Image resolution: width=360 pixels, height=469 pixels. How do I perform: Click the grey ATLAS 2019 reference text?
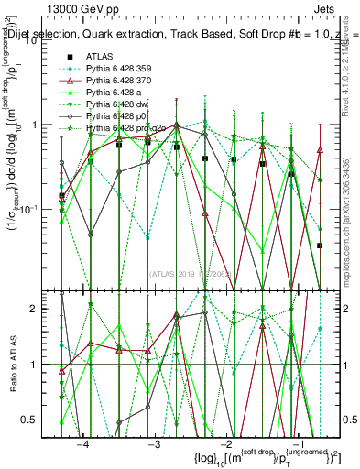[192, 272]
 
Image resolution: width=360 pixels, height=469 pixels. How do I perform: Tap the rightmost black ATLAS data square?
[320, 245]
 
